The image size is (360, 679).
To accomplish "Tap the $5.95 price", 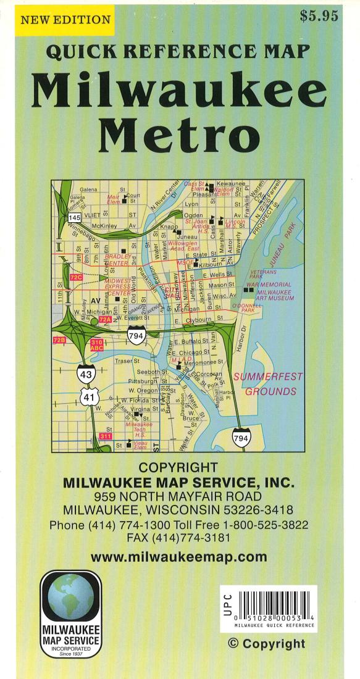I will coord(319,17).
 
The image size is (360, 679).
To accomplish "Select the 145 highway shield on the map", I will coord(75,218).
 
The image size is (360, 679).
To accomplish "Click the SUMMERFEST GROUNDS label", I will coord(270,383).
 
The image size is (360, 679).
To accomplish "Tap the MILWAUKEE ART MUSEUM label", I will coord(275,295).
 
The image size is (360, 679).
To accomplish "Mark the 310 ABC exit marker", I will coord(96,345).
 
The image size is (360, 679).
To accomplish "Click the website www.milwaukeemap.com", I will coord(179,557).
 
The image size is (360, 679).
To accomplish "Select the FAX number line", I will coord(178,538).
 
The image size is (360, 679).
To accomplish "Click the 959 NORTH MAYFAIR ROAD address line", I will coord(178,496).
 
